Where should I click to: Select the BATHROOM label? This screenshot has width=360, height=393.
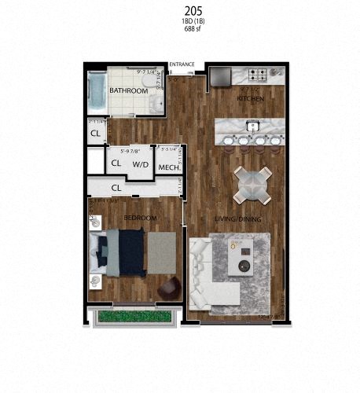click(128, 91)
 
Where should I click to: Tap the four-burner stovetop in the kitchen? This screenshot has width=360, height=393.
click(259, 75)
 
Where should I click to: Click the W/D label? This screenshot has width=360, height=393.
click(141, 164)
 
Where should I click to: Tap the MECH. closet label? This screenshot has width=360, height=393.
click(170, 167)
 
